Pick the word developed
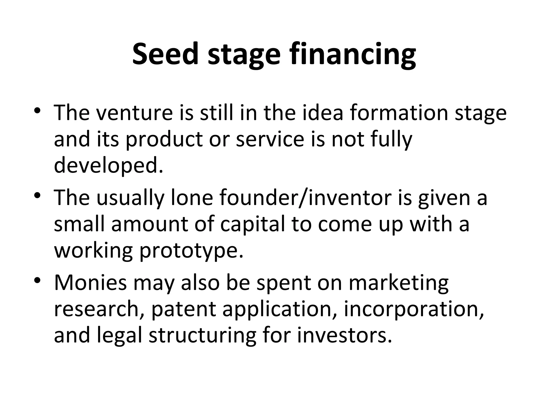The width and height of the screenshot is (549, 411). point(108,166)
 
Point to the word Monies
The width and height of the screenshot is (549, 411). point(90,283)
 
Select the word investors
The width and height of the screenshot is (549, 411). point(344,336)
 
